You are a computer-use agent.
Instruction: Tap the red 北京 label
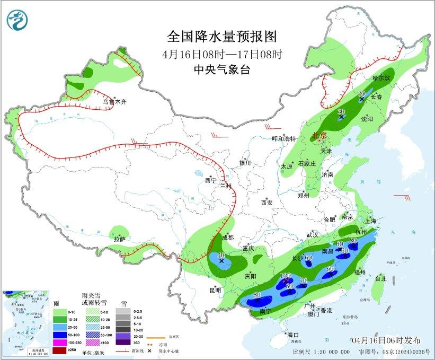(321, 136)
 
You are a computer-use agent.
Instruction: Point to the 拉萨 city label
(119, 239)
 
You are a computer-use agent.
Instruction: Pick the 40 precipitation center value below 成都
(221, 255)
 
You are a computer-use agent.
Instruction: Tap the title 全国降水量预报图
(221, 37)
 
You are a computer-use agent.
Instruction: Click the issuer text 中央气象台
(221, 69)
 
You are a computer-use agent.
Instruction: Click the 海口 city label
(293, 335)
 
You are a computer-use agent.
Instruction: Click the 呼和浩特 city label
(283, 139)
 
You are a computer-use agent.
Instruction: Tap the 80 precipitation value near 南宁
(258, 295)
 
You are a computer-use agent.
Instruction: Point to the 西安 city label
(267, 203)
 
